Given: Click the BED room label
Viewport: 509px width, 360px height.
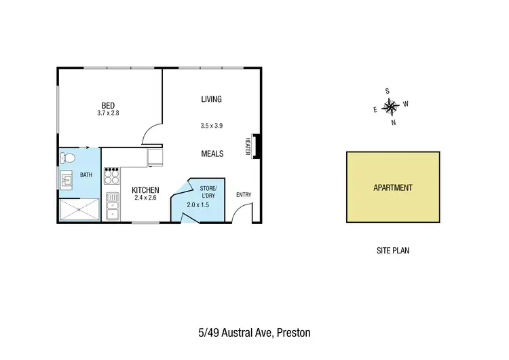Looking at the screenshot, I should tap(108, 105).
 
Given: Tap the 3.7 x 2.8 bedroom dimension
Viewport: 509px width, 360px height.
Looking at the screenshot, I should tap(108, 113).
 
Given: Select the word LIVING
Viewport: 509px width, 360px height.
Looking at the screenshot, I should tap(211, 99).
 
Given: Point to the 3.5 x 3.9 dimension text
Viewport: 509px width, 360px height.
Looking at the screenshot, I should tap(211, 126).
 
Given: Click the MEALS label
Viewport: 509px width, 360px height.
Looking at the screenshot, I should tap(212, 154).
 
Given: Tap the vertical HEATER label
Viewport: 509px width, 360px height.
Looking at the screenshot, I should tap(248, 146).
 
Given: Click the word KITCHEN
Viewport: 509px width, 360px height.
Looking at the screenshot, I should tap(145, 190).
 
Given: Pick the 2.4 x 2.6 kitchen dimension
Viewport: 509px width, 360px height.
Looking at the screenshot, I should tap(145, 198).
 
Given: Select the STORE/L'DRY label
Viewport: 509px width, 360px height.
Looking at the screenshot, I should tap(208, 191).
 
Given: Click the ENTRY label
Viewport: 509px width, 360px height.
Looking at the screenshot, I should tap(244, 195).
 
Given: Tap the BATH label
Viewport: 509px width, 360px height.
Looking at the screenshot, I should tap(86, 175).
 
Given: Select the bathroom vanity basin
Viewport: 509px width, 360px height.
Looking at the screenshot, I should tap(66, 181).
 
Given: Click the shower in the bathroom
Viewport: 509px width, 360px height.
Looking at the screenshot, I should tap(79, 210).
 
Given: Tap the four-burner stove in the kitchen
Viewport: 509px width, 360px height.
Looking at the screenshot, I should tap(111, 176).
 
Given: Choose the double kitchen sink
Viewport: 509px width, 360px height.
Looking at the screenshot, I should tap(112, 206).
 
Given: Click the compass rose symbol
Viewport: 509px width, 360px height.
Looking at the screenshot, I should tap(390, 106).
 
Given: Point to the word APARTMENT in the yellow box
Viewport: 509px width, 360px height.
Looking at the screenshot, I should tap(393, 187).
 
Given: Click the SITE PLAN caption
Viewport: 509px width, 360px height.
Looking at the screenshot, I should tap(393, 250).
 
